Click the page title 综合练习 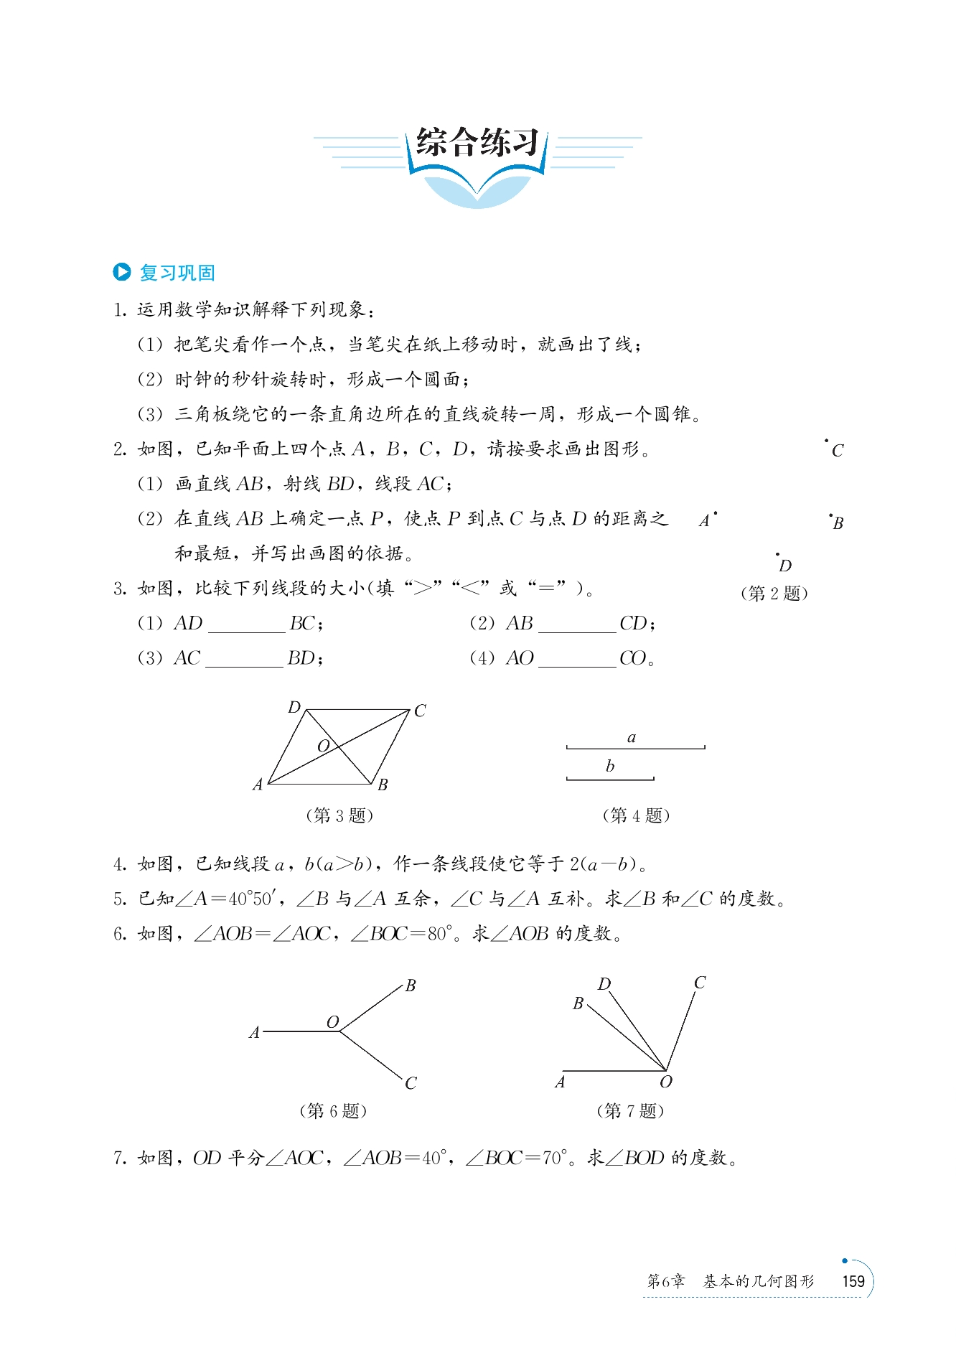pos(477,143)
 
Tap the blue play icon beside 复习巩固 pos(122,272)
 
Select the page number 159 pos(853,1281)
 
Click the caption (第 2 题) pos(774,594)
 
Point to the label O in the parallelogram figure pos(323,746)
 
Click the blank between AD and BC pos(246,624)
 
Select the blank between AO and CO pos(577,659)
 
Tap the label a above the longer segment pos(632,737)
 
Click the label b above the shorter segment pos(610,766)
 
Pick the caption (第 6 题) pos(333,1111)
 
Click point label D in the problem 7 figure pos(604,983)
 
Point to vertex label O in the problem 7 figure pos(666,1082)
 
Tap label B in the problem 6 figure pos(411,986)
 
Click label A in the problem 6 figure pos(254,1033)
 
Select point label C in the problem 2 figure pos(838,451)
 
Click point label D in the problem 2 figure pos(785,566)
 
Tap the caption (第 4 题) pos(636,815)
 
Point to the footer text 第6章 pos(666,1282)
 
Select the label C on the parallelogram pos(420,711)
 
